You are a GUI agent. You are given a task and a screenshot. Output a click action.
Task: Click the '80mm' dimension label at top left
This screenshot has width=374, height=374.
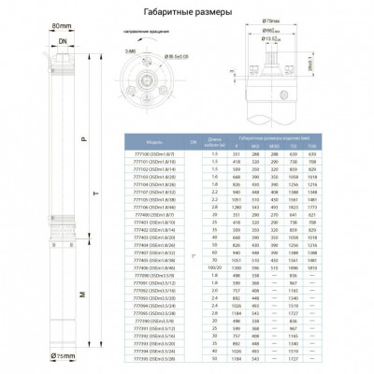pyautogui.click(x=62, y=26)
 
